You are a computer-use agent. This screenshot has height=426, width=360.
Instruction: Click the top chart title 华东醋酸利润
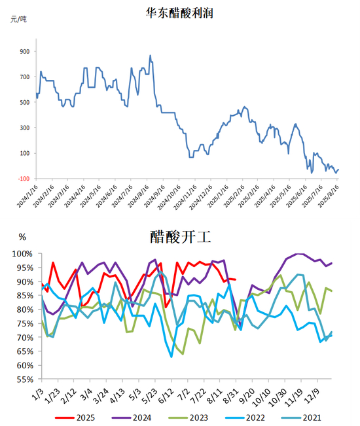click(x=179, y=13)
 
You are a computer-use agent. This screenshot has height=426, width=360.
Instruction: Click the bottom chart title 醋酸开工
click(x=181, y=237)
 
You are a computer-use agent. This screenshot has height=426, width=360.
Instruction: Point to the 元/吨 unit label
click(x=18, y=19)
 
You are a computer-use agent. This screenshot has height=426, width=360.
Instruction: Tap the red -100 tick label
click(x=24, y=179)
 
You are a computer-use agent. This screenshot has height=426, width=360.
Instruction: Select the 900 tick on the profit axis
click(x=25, y=51)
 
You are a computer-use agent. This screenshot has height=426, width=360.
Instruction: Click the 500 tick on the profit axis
click(x=25, y=103)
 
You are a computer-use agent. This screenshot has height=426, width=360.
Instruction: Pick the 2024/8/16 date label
click(x=139, y=196)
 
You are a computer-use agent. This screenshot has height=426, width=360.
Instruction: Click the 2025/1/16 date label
click(x=218, y=196)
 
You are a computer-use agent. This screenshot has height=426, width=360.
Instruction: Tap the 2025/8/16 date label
click(x=329, y=196)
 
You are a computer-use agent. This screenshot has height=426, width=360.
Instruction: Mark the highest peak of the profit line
click(x=151, y=56)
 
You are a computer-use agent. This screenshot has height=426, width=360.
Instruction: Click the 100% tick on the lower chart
click(x=22, y=254)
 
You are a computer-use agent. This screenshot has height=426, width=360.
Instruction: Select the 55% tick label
click(x=25, y=380)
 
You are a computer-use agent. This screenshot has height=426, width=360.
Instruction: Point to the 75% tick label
click(x=25, y=323)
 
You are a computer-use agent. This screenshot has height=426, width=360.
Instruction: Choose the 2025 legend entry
click(x=75, y=417)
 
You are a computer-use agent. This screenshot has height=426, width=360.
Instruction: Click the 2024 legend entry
click(x=132, y=417)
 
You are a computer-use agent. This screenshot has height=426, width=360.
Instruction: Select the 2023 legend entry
click(x=189, y=417)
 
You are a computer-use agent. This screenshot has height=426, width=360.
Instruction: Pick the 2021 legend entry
click(x=301, y=417)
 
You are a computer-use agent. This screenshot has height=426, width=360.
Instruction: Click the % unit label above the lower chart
click(x=22, y=237)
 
